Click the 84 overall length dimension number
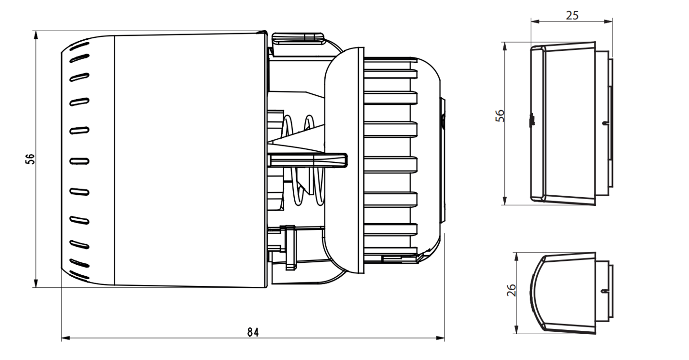click(253, 332)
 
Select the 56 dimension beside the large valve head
click(30, 159)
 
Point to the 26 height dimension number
click(511, 290)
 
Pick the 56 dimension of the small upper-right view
click(500, 116)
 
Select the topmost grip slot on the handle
click(80, 46)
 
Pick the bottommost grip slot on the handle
click(80, 275)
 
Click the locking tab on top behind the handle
click(297, 38)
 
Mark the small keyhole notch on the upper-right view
click(606, 124)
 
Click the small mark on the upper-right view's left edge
click(532, 120)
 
